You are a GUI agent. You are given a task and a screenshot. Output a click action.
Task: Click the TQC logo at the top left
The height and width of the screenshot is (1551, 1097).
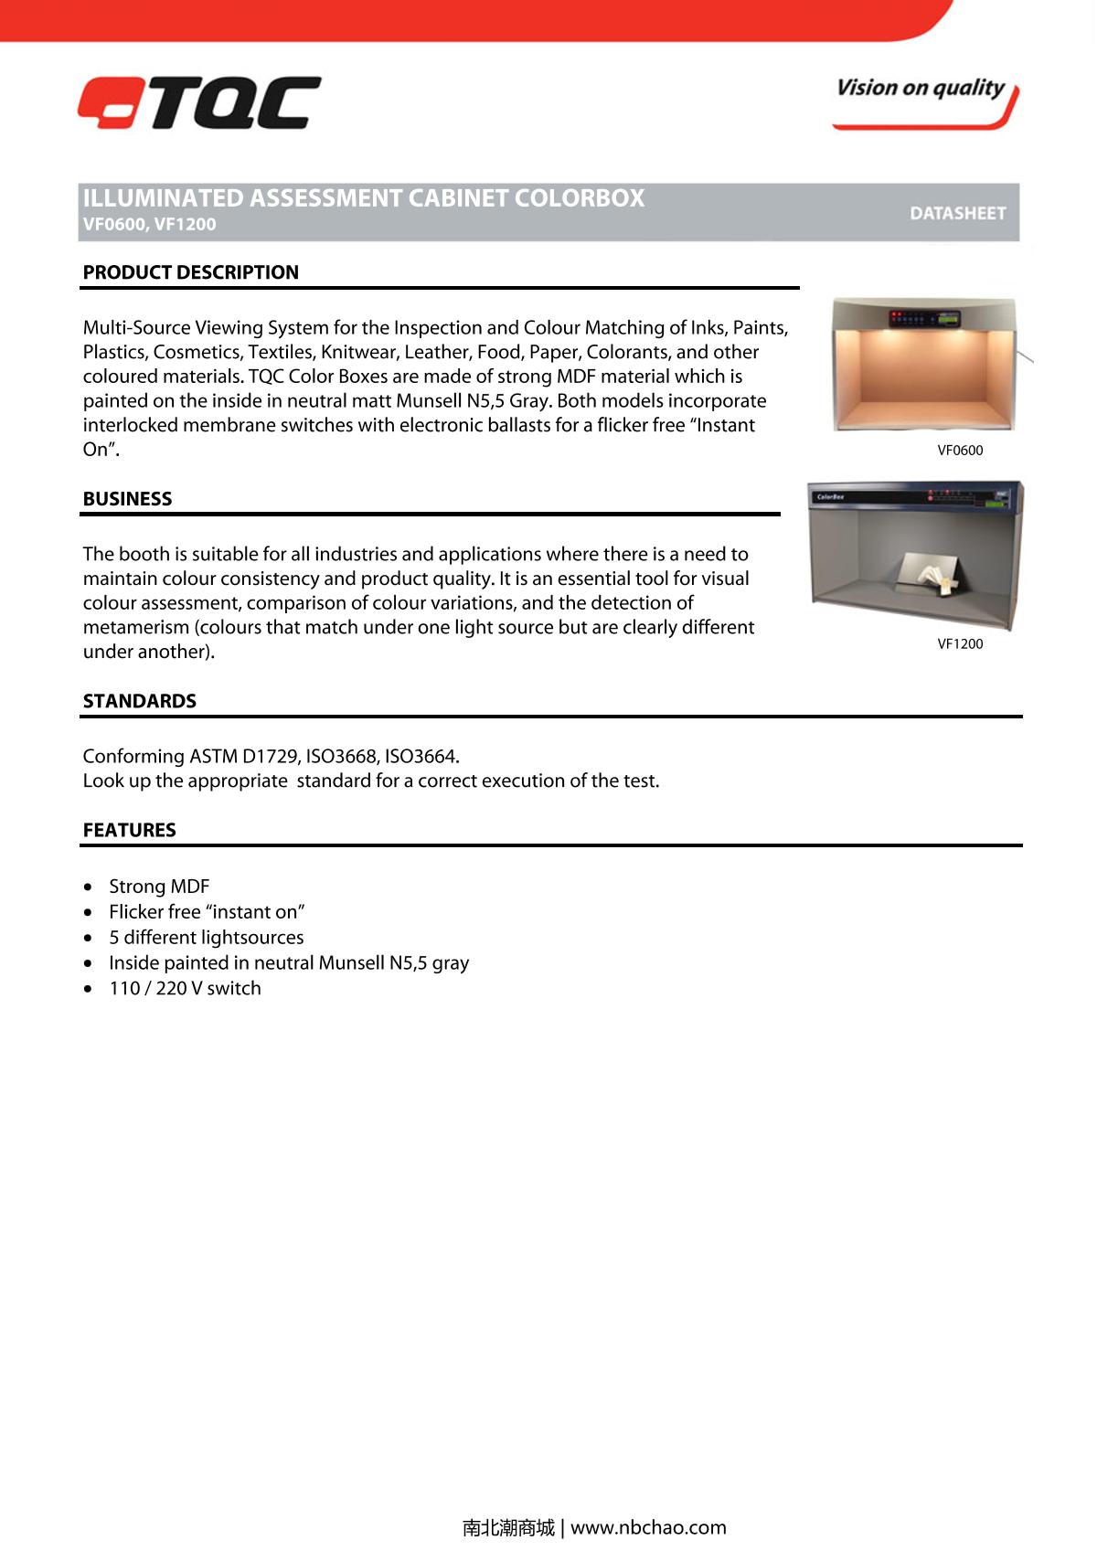point(199,102)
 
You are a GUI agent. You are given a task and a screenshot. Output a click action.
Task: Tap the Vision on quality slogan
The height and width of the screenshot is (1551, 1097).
point(921,89)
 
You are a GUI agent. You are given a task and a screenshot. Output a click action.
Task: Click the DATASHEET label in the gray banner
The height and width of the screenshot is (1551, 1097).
point(957,213)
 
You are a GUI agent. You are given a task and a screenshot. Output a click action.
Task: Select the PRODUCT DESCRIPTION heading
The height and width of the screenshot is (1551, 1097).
point(190,272)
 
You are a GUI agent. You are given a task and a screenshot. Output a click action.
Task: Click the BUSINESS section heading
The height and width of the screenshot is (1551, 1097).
point(127,499)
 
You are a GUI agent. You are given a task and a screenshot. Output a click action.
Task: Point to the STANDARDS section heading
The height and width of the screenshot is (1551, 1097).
point(139,701)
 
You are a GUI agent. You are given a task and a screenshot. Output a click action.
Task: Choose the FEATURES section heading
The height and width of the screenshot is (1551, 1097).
point(129,830)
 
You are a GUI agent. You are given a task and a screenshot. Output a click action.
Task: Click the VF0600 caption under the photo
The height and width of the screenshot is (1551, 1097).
point(960,451)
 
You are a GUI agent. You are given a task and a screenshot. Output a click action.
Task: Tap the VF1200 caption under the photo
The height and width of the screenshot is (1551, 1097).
point(960,644)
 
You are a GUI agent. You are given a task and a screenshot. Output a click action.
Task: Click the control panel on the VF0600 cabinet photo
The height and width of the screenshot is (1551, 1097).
point(926,319)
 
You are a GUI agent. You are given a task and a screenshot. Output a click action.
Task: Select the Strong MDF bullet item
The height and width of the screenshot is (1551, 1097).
point(159,887)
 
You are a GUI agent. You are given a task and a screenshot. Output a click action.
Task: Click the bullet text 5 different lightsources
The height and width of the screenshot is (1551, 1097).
point(206,938)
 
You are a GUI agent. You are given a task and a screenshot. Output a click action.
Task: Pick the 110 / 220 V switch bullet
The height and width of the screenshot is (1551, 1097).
point(185,989)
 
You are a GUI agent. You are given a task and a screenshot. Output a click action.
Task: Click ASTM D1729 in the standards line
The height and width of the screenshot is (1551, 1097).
point(244,757)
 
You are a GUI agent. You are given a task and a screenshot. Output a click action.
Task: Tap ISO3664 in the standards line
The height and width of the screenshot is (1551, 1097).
point(421,757)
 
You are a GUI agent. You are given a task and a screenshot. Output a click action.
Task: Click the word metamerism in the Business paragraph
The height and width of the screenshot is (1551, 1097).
point(135,628)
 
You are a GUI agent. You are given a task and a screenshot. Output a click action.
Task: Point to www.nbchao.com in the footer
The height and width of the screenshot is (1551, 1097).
point(648,1527)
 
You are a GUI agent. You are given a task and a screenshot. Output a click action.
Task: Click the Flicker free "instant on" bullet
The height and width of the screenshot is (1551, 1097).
point(207,912)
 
